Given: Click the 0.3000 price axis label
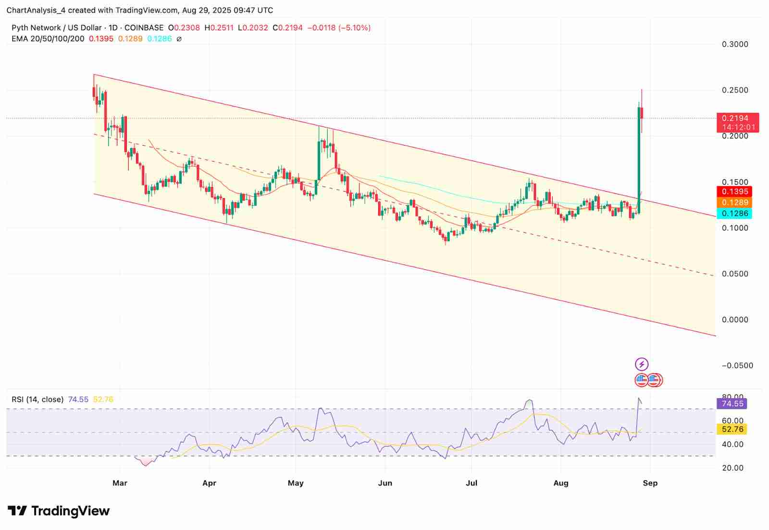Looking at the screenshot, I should [x=735, y=44].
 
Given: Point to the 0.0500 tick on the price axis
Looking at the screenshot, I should [x=735, y=274].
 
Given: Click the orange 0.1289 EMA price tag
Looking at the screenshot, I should [x=735, y=202].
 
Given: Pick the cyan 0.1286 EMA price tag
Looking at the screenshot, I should [x=735, y=214].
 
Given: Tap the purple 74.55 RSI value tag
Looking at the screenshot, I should [x=732, y=404].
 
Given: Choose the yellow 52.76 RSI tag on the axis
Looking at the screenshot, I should [x=732, y=429].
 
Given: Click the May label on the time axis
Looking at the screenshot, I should [x=296, y=483].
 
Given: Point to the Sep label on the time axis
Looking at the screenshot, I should [x=650, y=483].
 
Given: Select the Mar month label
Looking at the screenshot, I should [x=120, y=483].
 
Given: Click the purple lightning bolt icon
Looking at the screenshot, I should [x=642, y=364].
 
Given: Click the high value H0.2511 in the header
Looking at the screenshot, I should [x=219, y=28].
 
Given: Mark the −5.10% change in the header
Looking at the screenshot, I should [x=355, y=28].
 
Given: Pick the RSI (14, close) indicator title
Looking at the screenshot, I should [x=37, y=399].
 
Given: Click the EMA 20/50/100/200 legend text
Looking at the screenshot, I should [x=48, y=38].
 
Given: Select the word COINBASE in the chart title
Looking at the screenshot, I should [x=144, y=28].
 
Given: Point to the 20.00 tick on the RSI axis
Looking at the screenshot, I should [x=732, y=467].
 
